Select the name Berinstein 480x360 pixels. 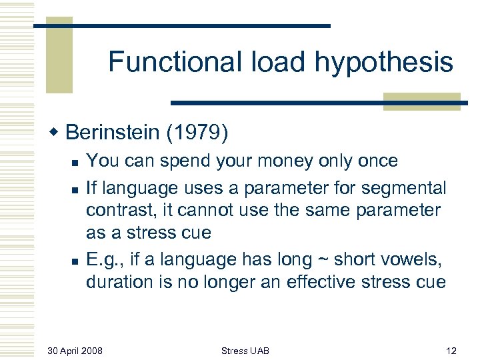(x=115, y=133)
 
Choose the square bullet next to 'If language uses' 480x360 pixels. (x=75, y=188)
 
